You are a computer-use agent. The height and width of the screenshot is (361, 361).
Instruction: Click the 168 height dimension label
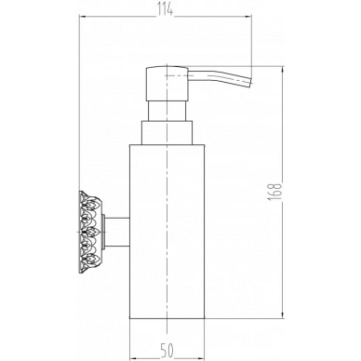275,192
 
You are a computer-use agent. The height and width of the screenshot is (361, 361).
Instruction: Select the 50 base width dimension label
167,351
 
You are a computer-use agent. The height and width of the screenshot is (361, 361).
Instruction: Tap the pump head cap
167,83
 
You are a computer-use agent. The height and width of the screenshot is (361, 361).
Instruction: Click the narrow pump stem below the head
167,111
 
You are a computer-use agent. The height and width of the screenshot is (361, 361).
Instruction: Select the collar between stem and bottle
167,132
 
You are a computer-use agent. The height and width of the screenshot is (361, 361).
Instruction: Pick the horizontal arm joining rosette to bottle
117,233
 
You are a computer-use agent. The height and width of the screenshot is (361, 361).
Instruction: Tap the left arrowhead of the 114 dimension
83,16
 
